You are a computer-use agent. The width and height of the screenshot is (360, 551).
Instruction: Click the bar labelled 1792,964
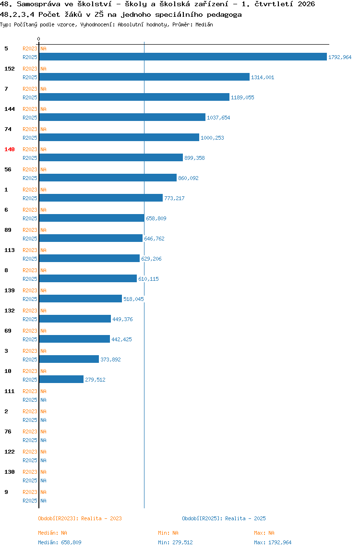point(183,57)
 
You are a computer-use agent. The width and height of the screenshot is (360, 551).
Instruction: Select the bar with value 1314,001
point(144,77)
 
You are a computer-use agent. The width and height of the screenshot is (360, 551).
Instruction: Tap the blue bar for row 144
point(122,117)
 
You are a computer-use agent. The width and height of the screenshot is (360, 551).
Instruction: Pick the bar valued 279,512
point(61,379)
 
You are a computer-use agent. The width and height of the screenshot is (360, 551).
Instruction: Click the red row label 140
point(10,149)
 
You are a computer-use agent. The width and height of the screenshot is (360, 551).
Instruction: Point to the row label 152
point(10,69)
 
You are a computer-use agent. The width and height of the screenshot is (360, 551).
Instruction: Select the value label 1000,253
point(212,138)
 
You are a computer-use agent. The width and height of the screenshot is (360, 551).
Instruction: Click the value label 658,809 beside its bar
point(156,218)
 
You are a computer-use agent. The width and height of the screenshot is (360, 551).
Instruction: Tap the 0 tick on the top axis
point(39,39)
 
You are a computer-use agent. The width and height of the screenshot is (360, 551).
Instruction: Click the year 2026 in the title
point(306,4)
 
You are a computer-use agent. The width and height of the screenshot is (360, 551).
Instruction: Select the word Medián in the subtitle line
point(204,24)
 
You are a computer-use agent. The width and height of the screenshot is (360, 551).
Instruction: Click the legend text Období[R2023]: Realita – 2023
point(80,518)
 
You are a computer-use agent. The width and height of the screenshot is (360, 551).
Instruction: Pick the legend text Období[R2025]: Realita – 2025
point(224,518)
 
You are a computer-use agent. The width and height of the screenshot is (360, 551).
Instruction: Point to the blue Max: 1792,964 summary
point(273,542)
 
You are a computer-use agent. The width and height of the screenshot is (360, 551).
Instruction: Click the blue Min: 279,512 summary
point(175,542)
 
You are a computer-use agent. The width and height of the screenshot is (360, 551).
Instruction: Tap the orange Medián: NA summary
point(52,533)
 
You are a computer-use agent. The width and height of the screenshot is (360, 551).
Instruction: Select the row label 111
point(10,391)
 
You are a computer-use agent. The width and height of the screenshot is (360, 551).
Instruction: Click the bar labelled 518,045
point(81,299)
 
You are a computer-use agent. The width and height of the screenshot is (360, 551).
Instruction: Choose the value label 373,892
point(111,359)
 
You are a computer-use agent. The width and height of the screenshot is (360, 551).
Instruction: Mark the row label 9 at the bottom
point(6,492)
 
